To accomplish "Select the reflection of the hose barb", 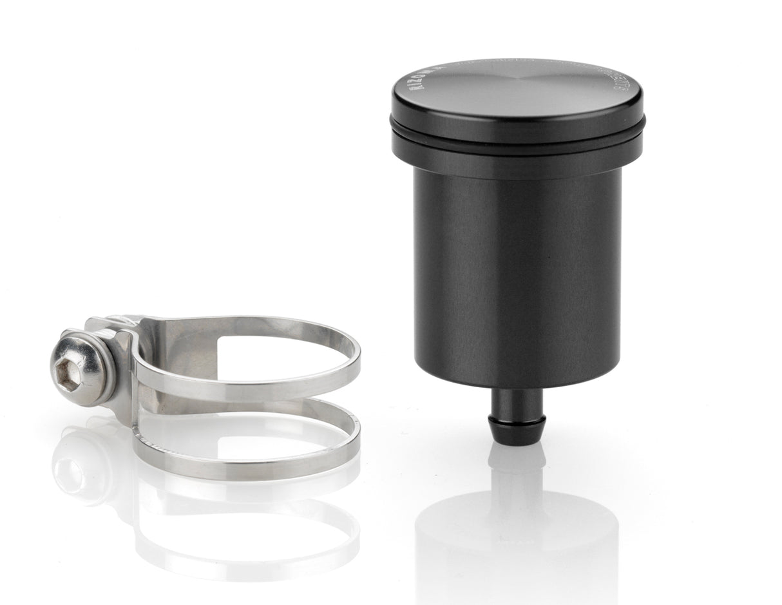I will pyautogui.click(x=517, y=464).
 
